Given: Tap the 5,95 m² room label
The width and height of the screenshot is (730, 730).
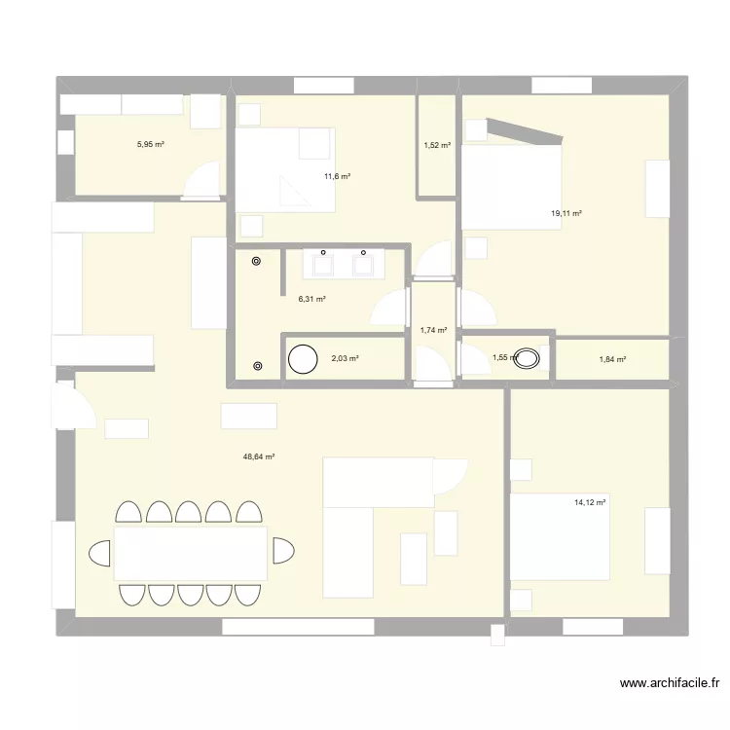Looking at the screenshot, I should pos(150,144).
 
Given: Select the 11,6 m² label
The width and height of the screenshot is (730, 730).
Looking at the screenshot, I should pos(337,176).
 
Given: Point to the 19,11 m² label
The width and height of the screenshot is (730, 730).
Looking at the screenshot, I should pos(566,213).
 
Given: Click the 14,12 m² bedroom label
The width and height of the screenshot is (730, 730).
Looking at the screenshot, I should pos(590,502).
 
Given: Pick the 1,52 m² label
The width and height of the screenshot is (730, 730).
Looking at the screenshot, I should pos(437,146).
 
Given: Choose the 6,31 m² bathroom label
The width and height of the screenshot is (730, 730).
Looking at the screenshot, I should pos(311,299).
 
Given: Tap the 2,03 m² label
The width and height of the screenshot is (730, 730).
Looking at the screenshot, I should pos(345,358).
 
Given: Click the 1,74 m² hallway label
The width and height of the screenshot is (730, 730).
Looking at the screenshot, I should pos(433,330).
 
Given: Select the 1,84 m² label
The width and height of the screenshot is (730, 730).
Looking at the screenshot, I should pos(612,359).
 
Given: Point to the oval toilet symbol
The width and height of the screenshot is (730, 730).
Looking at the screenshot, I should pos(529,358).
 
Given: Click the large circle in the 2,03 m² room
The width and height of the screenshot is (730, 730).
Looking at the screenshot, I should pos(303,359).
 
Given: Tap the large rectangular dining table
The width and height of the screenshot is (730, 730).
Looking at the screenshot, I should pos(191,553).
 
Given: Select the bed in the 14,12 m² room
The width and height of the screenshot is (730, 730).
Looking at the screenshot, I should pos(560,537).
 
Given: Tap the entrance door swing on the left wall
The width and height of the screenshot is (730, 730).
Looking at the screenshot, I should pos(74,404).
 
